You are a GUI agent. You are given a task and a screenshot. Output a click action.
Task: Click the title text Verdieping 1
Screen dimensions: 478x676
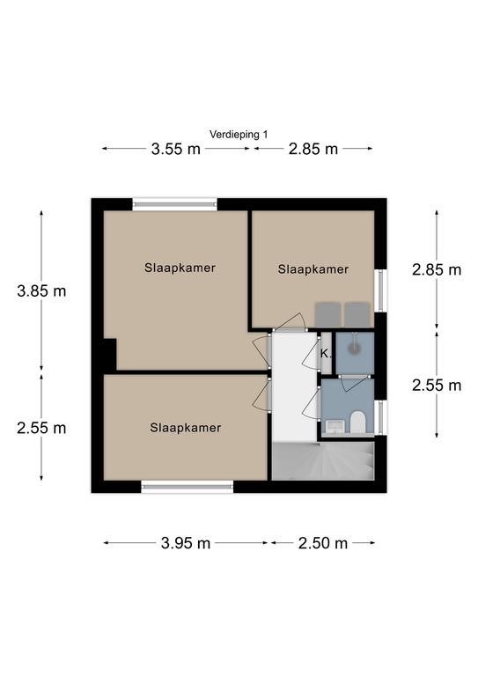[x=239, y=135]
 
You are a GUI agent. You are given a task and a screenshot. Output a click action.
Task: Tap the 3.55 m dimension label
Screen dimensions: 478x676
[x=176, y=149]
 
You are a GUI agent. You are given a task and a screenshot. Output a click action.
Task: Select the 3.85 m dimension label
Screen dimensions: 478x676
[x=41, y=291]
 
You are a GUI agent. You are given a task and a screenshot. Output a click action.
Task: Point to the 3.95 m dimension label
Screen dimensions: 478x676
[x=186, y=543]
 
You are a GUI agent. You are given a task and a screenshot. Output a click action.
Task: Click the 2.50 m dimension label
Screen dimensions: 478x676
[x=323, y=543]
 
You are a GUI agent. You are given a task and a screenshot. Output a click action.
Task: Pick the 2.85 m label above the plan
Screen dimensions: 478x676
[x=313, y=149]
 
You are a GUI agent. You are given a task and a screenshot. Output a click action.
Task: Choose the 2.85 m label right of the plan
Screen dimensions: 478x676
[x=437, y=270]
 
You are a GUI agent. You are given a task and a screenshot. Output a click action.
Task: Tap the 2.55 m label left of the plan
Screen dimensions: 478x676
[x=41, y=428]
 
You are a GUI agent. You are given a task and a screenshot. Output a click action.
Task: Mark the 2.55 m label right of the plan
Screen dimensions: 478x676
[x=437, y=386]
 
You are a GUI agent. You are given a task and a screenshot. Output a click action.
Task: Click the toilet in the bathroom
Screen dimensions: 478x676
[x=357, y=422]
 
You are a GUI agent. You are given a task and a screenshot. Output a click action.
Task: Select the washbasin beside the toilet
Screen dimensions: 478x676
[x=333, y=426]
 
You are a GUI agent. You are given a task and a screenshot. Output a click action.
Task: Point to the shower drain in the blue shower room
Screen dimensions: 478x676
[x=354, y=348]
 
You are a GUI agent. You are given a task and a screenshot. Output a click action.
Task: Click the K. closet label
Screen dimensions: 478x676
[x=327, y=355]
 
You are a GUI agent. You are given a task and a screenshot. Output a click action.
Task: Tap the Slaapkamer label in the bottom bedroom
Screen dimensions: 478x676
[x=186, y=428]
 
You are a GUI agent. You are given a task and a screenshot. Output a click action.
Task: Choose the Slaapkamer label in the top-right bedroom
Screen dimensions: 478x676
[x=313, y=269]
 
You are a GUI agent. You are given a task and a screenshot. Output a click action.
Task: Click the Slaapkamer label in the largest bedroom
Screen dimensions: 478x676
[x=180, y=268]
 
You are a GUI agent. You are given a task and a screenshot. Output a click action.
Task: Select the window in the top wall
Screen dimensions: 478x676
[x=174, y=204]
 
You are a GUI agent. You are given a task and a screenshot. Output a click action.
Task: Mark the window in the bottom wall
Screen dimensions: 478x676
[x=187, y=487]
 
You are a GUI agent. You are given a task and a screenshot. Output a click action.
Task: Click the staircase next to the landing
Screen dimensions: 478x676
[x=323, y=461]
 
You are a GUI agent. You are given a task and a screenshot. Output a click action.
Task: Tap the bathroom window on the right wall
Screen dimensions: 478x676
[x=380, y=417]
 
